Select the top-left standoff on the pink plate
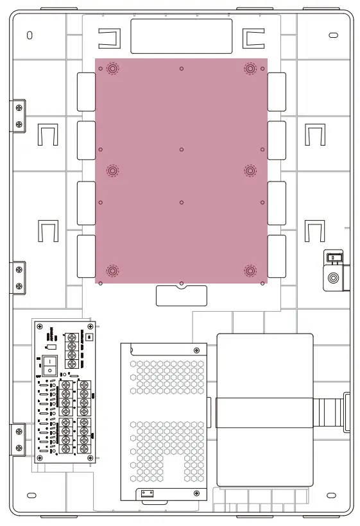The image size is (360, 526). [x=112, y=69]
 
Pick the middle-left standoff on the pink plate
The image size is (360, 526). [x=112, y=171]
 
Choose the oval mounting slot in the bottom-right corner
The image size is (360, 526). [x=331, y=495]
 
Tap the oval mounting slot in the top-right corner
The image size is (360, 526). [x=332, y=35]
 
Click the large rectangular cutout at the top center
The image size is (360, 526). [x=181, y=36]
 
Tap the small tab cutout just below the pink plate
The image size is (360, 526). [x=182, y=296]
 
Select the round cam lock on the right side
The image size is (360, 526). [x=333, y=279]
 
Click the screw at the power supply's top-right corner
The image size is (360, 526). [x=196, y=350]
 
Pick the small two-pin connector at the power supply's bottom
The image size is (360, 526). [x=148, y=493]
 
